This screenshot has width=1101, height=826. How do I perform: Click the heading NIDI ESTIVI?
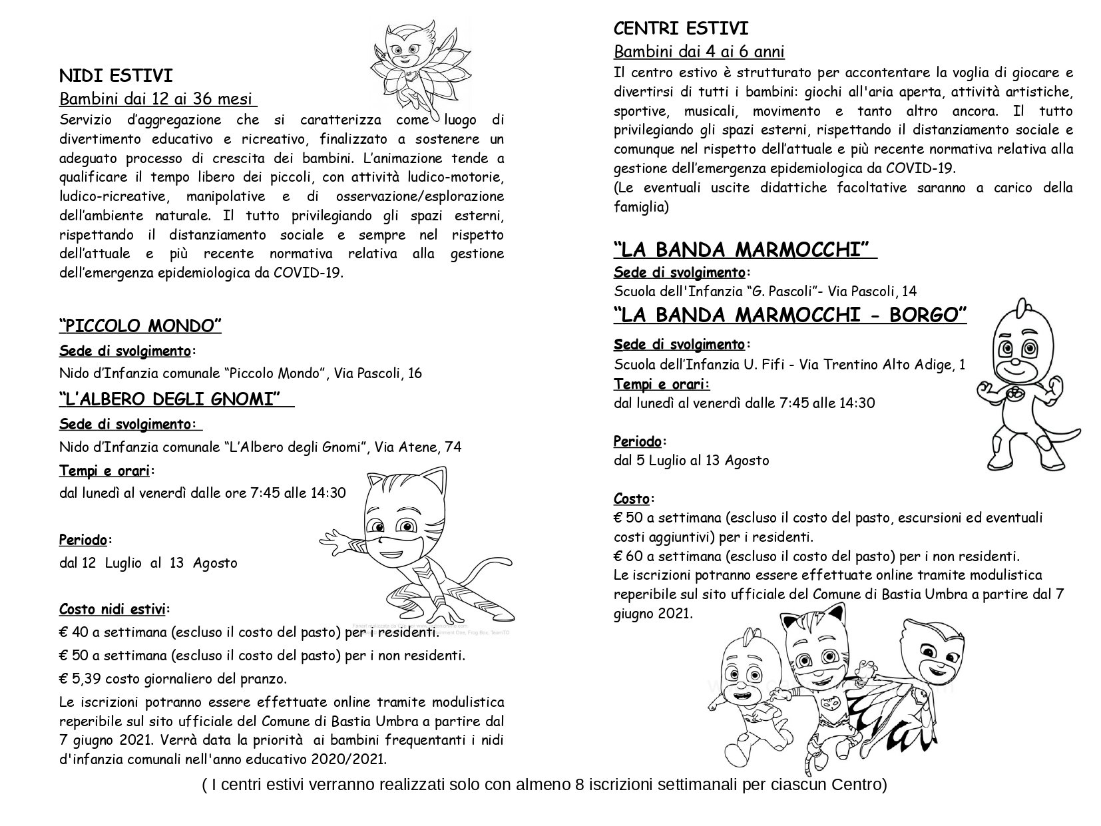(116, 75)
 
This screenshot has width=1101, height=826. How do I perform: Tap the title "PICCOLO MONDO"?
(140, 325)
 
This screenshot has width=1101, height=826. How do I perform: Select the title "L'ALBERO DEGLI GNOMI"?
(170, 399)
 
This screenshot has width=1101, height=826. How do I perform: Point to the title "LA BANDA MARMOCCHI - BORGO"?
(789, 314)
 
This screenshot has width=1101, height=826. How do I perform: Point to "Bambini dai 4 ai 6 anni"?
(699, 51)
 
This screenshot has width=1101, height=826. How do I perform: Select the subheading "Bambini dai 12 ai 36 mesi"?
(158, 99)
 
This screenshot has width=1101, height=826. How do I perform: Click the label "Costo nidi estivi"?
(113, 608)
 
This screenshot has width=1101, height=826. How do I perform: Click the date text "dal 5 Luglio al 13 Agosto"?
(691, 460)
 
